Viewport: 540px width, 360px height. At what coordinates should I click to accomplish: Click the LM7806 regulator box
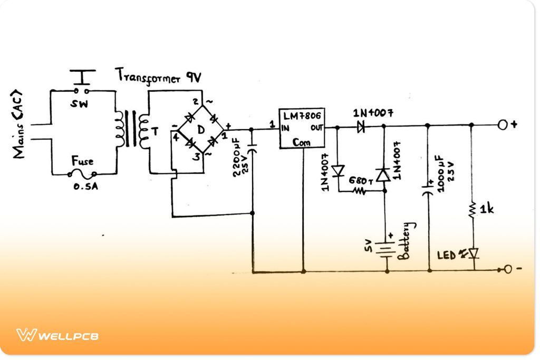click(302, 128)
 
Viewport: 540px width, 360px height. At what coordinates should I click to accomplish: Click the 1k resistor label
click(487, 210)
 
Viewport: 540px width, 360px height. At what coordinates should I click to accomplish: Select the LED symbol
click(473, 254)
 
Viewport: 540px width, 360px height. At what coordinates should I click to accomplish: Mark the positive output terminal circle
click(503, 125)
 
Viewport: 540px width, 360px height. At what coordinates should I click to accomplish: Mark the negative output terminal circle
click(507, 270)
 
